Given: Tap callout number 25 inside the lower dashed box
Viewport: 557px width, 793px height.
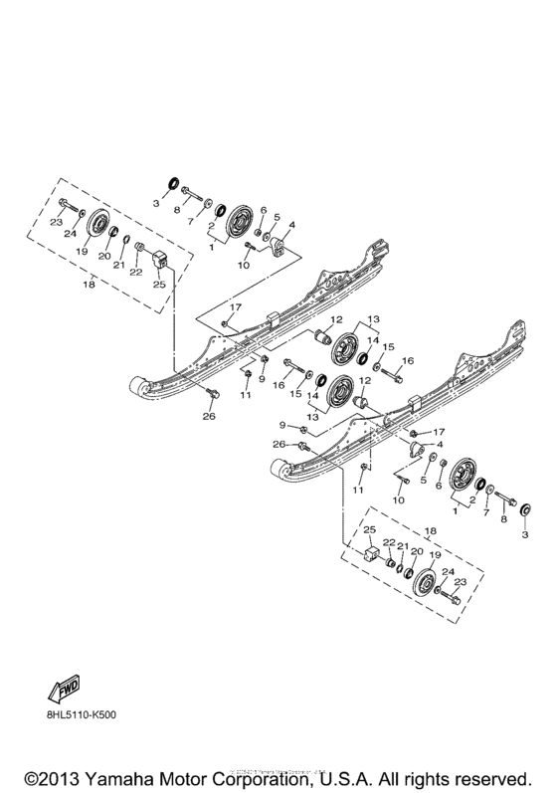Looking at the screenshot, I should [368, 528].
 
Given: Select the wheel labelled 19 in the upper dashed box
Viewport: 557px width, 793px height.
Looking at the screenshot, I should [97, 227].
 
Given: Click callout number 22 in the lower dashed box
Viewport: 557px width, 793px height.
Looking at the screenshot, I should [389, 543].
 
